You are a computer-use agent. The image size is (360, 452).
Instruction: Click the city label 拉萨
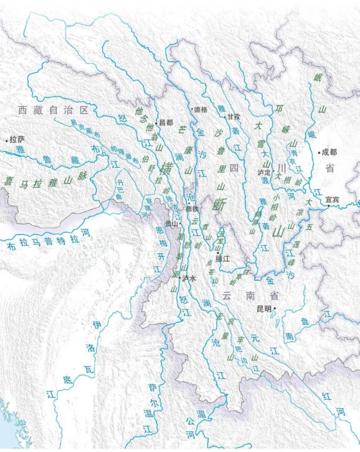tap(17, 139)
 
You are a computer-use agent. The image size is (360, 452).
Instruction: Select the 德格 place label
tap(201, 109)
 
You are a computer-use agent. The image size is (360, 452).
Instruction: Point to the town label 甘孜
tap(234, 117)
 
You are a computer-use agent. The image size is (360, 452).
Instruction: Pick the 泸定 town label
tap(264, 172)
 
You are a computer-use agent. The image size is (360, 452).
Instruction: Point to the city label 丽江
tap(223, 260)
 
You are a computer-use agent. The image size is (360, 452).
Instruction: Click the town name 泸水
tap(188, 278)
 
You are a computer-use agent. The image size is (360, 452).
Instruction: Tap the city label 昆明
tap(263, 309)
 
